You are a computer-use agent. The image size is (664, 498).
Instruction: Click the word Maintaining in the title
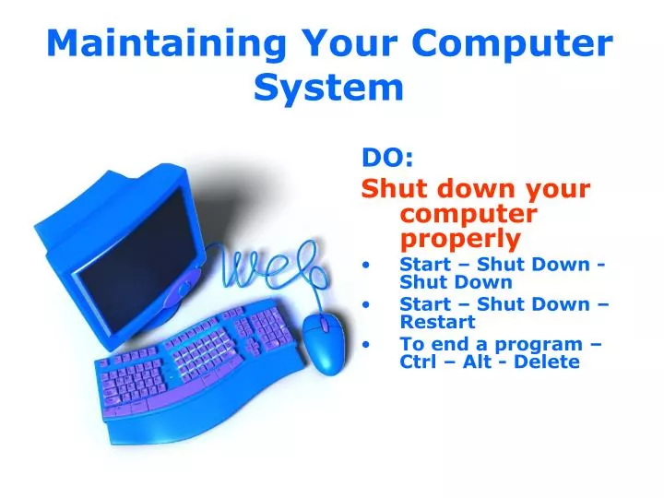pos(148,43)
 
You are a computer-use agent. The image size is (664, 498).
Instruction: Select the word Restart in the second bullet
pos(437,322)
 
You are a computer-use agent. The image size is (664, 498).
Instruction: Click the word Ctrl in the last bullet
pos(420,362)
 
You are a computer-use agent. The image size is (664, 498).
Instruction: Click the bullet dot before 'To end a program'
pos(369,344)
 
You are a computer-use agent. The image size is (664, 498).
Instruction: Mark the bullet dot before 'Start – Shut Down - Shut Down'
pos(369,265)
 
